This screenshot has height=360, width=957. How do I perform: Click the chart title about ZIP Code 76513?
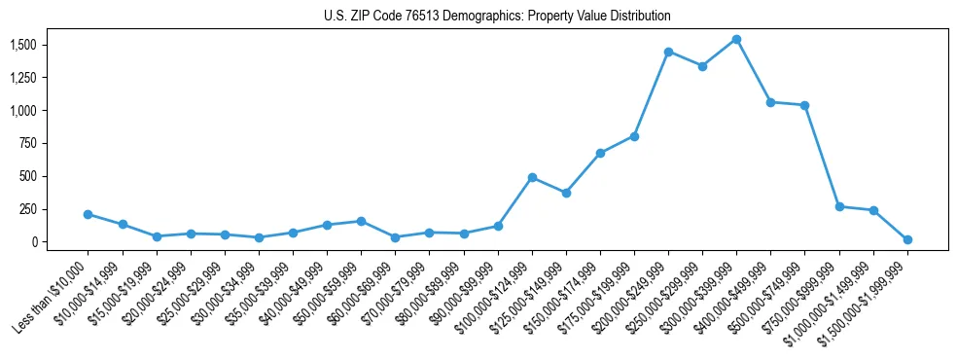click(497, 17)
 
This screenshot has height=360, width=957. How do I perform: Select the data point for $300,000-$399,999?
click(736, 40)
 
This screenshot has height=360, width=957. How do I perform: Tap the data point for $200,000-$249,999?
click(668, 52)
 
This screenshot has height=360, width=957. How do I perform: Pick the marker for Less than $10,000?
click(89, 214)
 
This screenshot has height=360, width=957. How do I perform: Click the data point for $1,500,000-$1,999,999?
click(907, 239)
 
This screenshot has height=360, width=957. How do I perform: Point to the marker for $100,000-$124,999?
click(532, 177)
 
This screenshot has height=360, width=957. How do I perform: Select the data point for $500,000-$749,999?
click(804, 105)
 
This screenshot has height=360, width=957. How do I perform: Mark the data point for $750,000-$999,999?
click(839, 206)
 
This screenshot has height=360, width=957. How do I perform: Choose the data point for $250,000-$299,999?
click(702, 66)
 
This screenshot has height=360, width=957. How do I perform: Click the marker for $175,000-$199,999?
click(634, 136)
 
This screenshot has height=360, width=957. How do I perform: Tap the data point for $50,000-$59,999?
click(361, 221)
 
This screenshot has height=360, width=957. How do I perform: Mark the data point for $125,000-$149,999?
click(566, 193)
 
